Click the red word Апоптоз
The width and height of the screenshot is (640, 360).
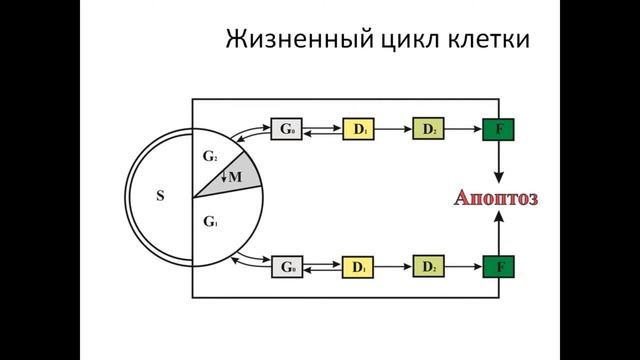[497, 198]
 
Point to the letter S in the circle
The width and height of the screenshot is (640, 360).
[160, 196]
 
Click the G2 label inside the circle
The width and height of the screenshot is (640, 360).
[210, 158]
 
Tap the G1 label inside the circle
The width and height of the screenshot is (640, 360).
[210, 220]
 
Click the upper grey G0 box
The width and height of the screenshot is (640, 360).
[287, 129]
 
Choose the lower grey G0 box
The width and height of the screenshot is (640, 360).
[287, 267]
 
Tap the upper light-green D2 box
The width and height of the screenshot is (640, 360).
[427, 129]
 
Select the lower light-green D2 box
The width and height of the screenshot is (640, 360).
[427, 267]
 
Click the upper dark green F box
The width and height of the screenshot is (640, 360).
[497, 129]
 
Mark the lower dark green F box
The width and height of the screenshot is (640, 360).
[497, 267]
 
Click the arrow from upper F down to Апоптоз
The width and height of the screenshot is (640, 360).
[497, 162]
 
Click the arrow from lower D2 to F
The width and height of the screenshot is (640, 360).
[462, 267]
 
